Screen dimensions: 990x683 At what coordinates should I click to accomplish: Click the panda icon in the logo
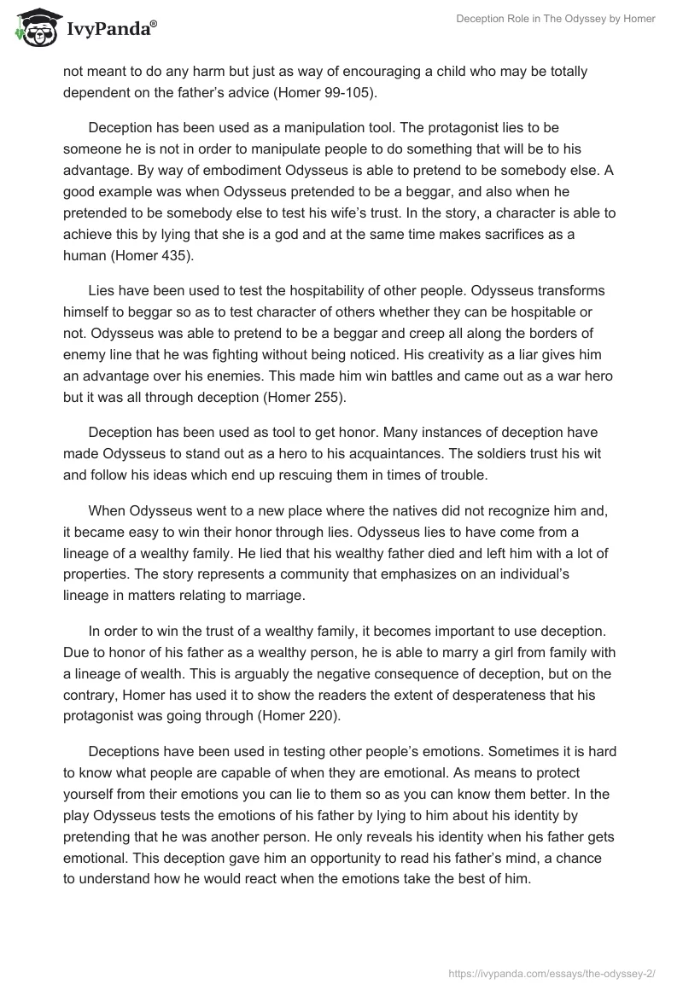33,29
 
